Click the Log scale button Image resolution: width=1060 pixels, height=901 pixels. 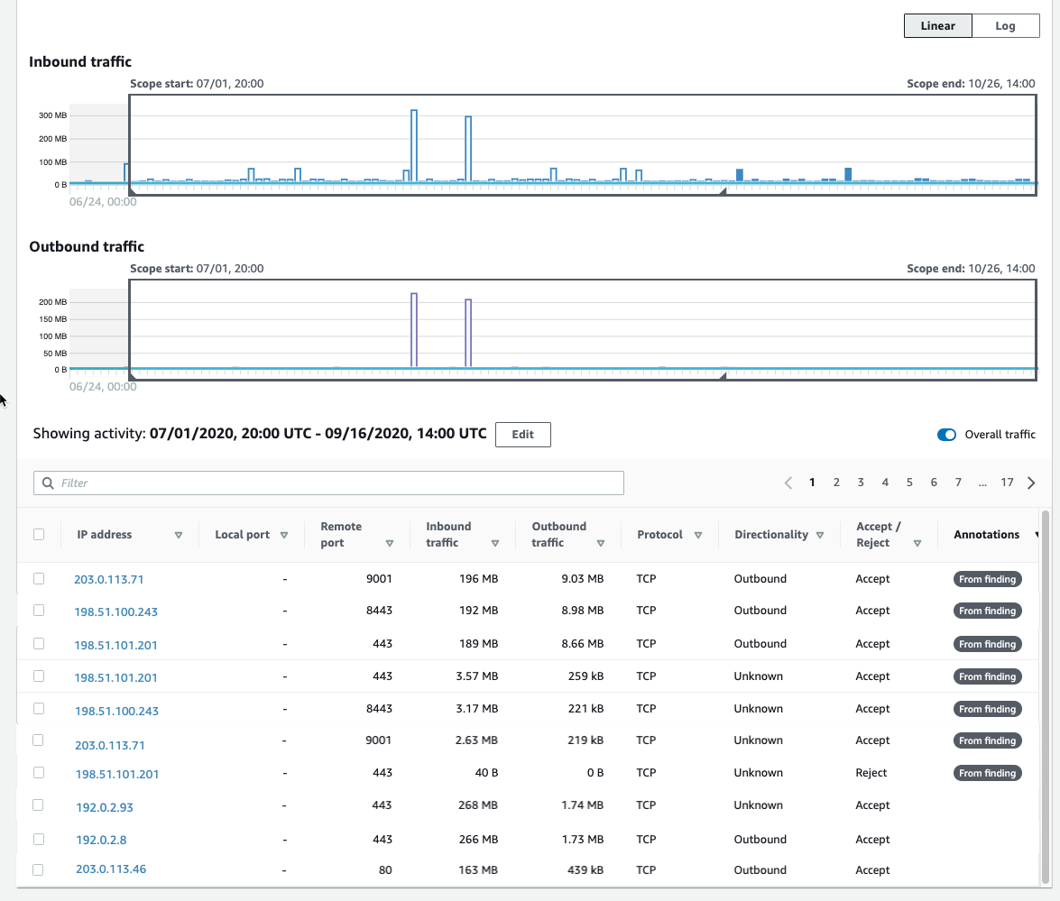point(1005,25)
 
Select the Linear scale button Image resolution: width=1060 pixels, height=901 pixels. point(937,25)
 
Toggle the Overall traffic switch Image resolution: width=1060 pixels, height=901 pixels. point(946,435)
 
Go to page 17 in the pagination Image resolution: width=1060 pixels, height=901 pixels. point(1007,483)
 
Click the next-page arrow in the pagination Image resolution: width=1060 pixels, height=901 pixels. point(1031,483)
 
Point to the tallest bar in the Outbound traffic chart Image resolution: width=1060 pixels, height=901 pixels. point(413,330)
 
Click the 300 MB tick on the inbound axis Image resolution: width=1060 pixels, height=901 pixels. point(52,116)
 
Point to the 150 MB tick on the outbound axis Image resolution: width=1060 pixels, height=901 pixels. point(52,319)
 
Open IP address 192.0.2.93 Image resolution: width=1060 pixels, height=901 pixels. point(104,807)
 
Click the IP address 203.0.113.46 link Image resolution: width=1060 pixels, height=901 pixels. point(111,869)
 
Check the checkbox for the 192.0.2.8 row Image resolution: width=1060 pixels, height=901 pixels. point(39,839)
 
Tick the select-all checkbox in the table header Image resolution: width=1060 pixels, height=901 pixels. point(39,534)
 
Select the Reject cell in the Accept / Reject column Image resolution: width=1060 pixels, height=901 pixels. point(871,773)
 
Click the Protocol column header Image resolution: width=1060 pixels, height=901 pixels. point(659,534)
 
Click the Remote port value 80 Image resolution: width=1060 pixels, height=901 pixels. point(386,870)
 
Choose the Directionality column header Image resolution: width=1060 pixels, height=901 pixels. point(771,534)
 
